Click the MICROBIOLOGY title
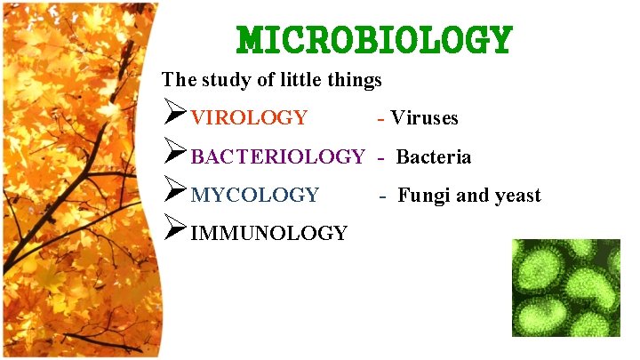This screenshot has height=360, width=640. coord(374,40)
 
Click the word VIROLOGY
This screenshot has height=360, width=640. coord(250,117)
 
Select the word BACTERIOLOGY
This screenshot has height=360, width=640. coord(277,157)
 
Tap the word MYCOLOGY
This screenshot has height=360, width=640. coord(255,195)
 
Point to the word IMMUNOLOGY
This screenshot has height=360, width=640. coord(269,234)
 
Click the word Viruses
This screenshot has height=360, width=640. coord(425,117)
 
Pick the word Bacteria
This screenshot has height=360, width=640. coord(434,157)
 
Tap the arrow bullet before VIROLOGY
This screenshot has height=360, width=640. coord(175,116)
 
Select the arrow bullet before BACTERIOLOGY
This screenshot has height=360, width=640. coord(175,156)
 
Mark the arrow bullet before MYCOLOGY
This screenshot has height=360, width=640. coord(175,194)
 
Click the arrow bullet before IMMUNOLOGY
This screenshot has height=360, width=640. coord(175,232)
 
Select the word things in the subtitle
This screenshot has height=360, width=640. coord(355,80)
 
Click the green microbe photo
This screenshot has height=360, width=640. coord(566,287)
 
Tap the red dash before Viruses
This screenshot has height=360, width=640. coord(381,117)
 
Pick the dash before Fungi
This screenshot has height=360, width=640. coord(383,196)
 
